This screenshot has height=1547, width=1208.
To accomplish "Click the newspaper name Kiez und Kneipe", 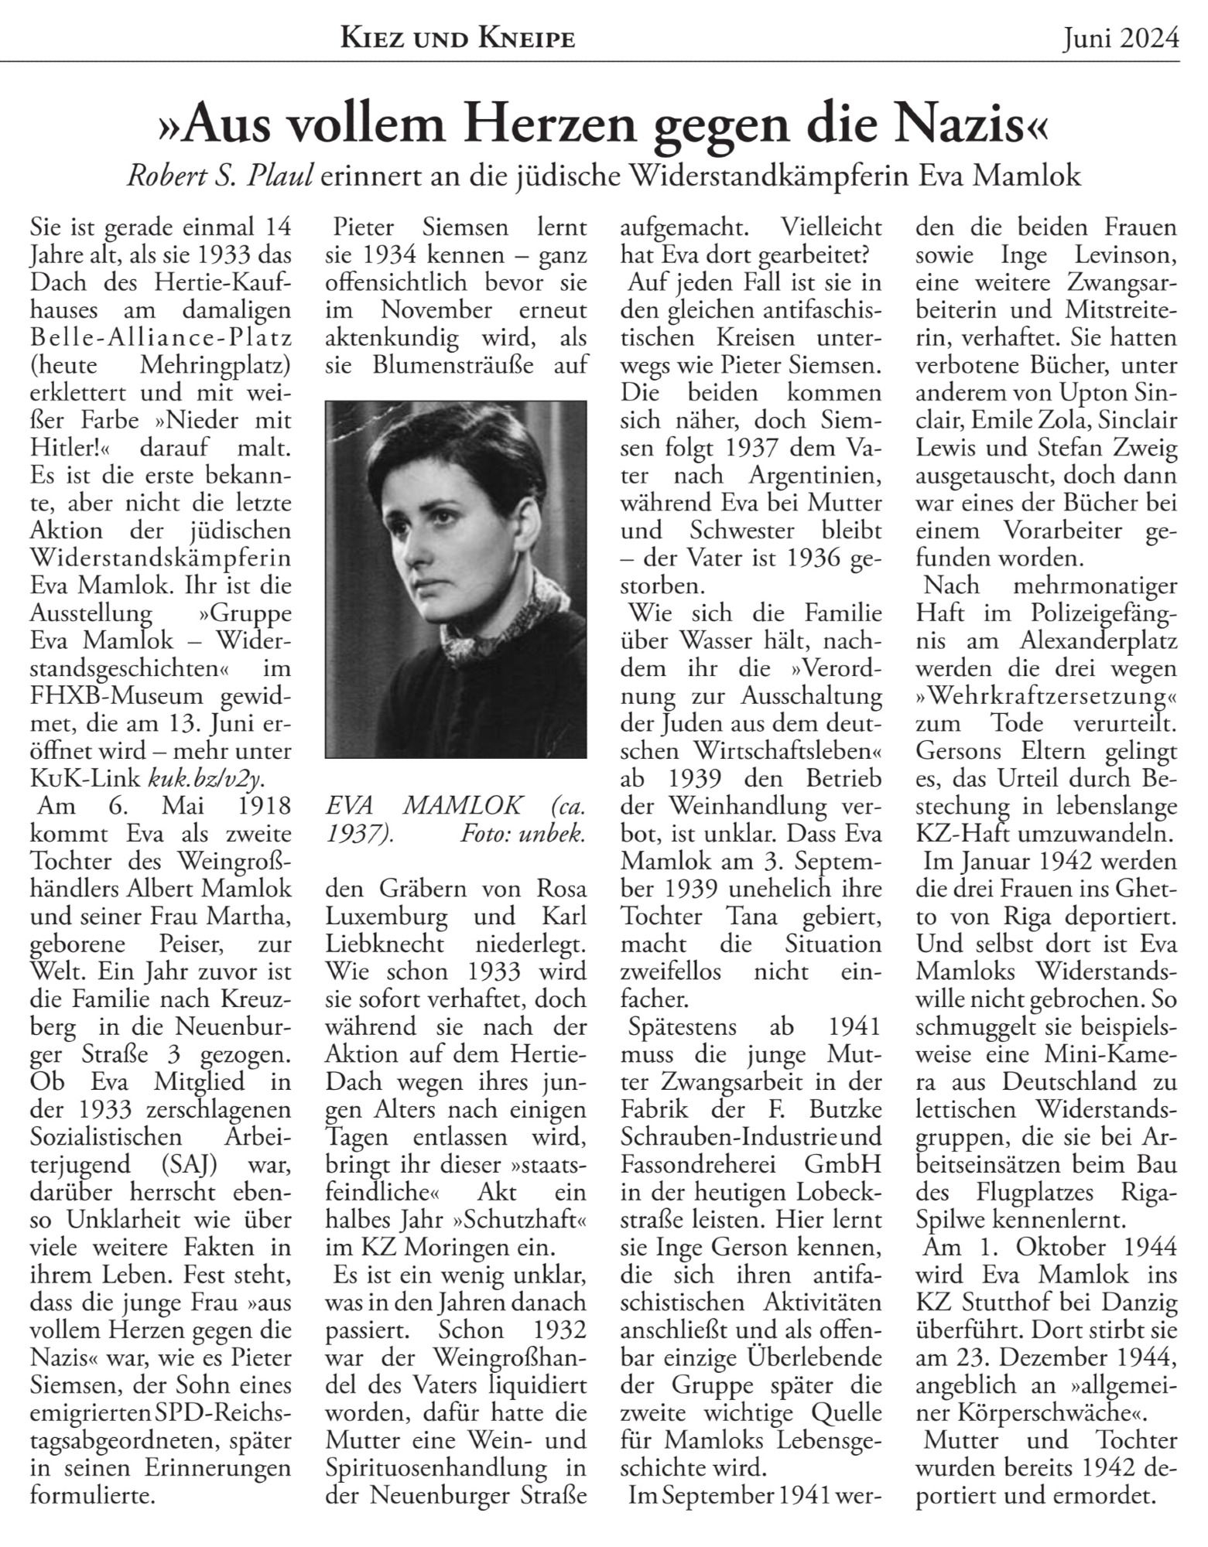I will [x=458, y=38].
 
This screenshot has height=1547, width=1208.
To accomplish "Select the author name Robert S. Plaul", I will [x=220, y=177].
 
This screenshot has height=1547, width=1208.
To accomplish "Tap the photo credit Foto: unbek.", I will [x=523, y=834].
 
